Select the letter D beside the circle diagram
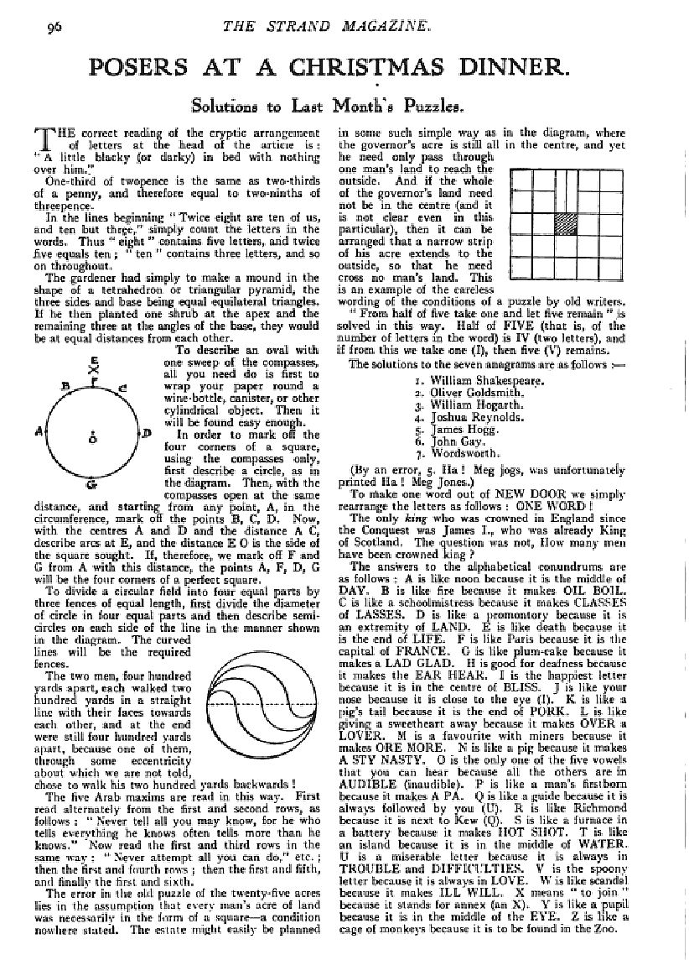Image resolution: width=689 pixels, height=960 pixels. (145, 433)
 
